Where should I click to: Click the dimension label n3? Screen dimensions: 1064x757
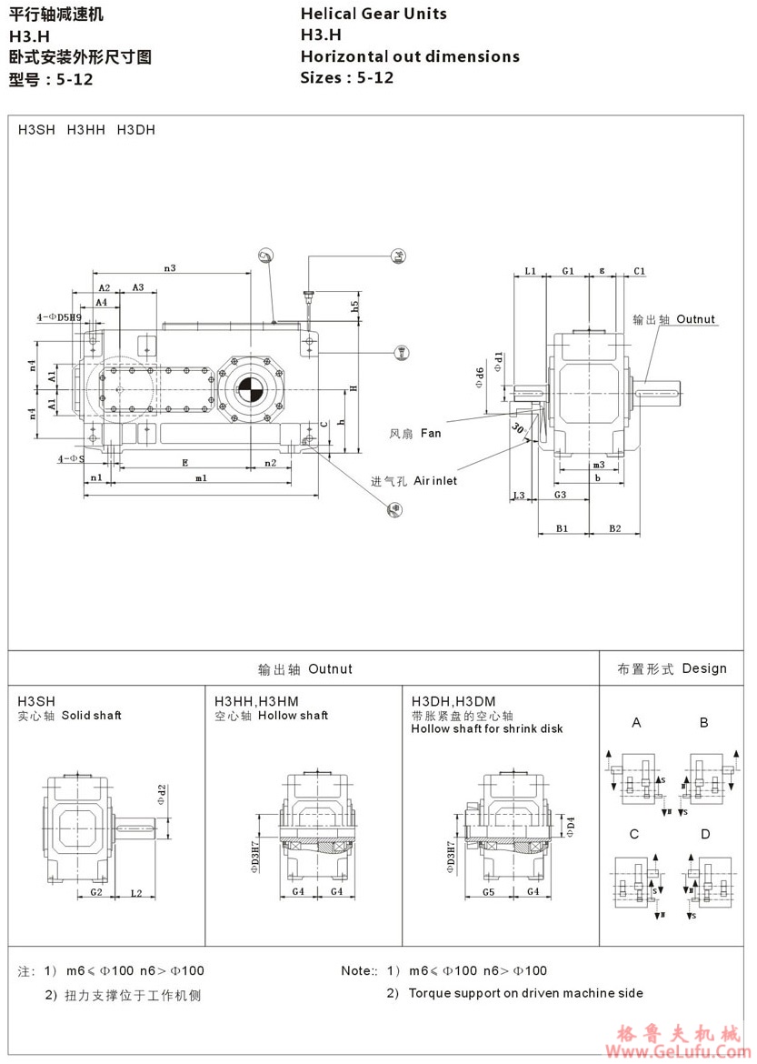pyautogui.click(x=169, y=267)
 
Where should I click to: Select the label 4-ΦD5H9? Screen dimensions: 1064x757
pyautogui.click(x=58, y=317)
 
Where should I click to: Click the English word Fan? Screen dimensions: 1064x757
pyautogui.click(x=431, y=434)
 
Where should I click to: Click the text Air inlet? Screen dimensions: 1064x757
pyautogui.click(x=435, y=480)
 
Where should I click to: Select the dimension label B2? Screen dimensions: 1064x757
pyautogui.click(x=615, y=528)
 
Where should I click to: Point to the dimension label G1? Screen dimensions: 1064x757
pyautogui.click(x=568, y=271)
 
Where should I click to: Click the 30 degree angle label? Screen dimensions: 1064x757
pyautogui.click(x=517, y=429)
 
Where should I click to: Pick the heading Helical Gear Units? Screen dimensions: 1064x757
pyautogui.click(x=374, y=14)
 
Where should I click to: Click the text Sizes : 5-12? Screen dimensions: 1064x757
pyautogui.click(x=347, y=77)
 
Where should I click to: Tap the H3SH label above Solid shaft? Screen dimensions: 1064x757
pyautogui.click(x=36, y=701)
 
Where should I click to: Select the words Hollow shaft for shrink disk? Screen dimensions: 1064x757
pyautogui.click(x=487, y=728)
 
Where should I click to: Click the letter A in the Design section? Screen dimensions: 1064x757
pyautogui.click(x=637, y=723)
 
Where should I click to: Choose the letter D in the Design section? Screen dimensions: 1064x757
pyautogui.click(x=704, y=834)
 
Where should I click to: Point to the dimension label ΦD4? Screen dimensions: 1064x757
pyautogui.click(x=570, y=825)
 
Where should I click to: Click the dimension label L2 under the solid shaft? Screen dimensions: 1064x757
pyautogui.click(x=135, y=892)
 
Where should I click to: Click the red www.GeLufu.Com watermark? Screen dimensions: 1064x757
pyautogui.click(x=682, y=1052)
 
